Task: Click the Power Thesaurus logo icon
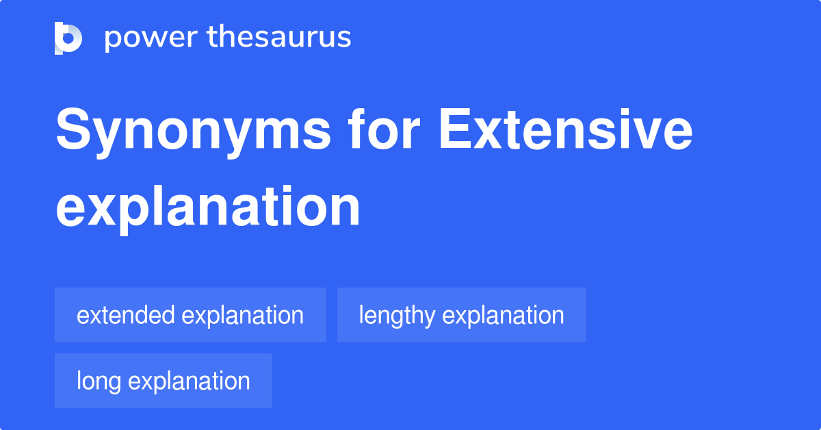68,38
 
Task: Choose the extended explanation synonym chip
190,315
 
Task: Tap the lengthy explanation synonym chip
462,315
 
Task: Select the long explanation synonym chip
164,381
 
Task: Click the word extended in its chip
125,315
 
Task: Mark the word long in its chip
99,381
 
